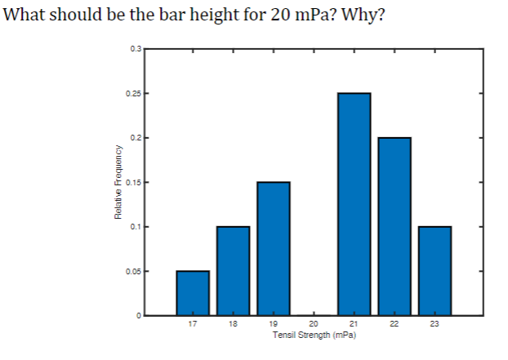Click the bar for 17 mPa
(193, 292)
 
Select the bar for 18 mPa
(233, 270)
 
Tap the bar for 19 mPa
(273, 248)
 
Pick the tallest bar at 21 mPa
(354, 204)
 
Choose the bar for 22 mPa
(394, 226)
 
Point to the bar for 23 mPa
(434, 270)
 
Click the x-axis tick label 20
(314, 325)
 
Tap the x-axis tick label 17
(193, 325)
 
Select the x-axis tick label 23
(434, 325)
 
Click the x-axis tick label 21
(354, 325)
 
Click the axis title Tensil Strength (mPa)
(314, 335)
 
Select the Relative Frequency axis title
(118, 182)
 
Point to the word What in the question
(24, 15)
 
